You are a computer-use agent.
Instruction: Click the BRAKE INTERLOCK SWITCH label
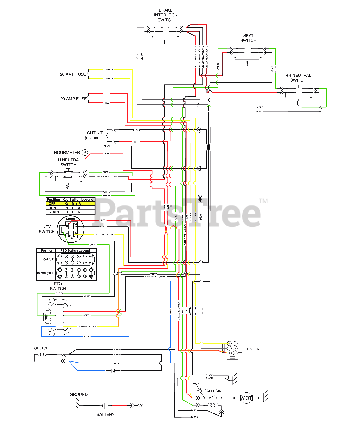[165, 15]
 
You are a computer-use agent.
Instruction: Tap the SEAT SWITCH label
[248, 38]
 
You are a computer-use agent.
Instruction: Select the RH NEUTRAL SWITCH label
[298, 78]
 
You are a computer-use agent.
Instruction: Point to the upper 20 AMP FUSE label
[73, 74]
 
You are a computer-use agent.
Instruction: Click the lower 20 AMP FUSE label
[73, 99]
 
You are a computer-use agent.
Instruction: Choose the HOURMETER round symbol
[85, 152]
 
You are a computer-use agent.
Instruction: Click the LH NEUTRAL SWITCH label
[68, 162]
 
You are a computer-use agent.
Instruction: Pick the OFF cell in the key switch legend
[52, 203]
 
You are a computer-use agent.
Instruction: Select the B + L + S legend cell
[73, 212]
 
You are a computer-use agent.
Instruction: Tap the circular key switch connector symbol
[70, 229]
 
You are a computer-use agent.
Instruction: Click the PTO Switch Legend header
[75, 250]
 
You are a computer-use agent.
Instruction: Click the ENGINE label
[254, 349]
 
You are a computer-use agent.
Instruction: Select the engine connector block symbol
[232, 348]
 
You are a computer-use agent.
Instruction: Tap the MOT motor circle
[246, 398]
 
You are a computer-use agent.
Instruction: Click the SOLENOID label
[213, 391]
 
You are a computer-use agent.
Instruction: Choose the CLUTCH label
[41, 348]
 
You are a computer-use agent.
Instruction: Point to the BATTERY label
[105, 414]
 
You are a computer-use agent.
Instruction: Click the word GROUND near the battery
[79, 394]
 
